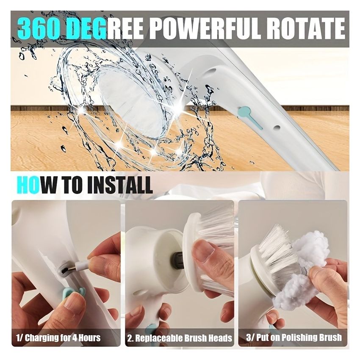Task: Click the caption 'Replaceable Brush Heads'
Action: (x=180, y=338)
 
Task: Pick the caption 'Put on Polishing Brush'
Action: (x=294, y=338)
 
